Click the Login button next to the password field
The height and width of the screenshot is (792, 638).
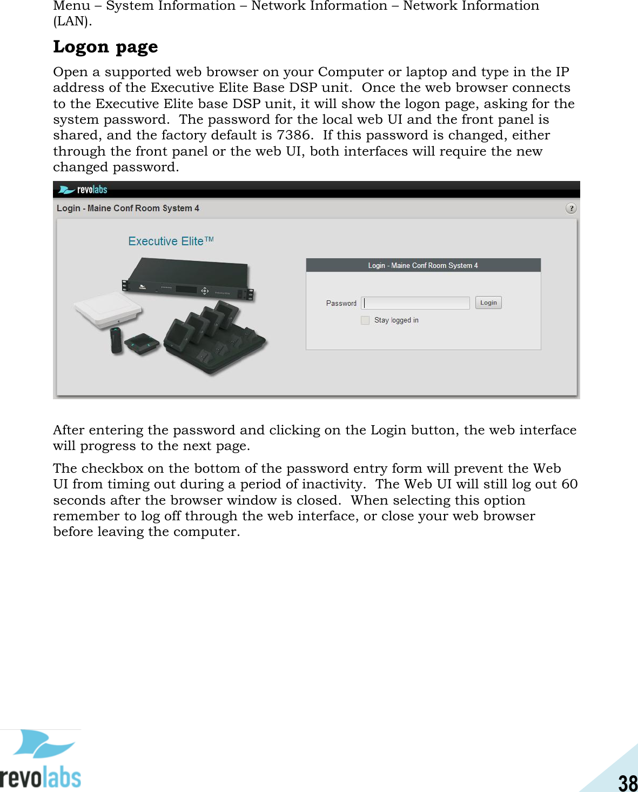click(488, 303)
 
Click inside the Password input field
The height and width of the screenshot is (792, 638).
click(416, 303)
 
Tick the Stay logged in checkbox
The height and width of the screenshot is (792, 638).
click(365, 320)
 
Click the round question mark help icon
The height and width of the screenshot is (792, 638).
click(571, 208)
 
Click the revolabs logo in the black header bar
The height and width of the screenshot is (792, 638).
click(83, 190)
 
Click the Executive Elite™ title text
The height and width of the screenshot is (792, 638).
click(171, 241)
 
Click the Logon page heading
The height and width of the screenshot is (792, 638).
click(105, 47)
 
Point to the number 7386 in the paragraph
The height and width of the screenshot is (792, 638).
click(293, 135)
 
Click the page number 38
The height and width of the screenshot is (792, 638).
click(628, 782)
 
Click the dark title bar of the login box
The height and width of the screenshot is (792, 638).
click(423, 265)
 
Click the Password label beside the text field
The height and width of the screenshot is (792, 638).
click(341, 303)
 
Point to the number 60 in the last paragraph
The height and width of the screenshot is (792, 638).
click(569, 484)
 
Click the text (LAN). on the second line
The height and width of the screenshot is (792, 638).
click(72, 21)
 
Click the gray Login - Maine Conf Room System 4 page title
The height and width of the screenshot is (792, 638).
click(128, 208)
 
